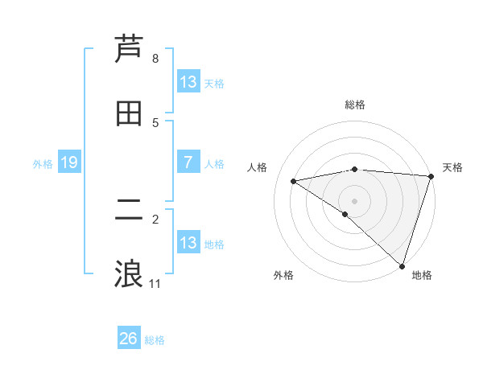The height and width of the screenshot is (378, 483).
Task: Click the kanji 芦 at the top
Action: coord(129,50)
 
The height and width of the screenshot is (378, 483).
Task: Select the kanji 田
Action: coord(129,114)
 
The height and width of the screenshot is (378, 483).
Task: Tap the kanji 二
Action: coord(129,211)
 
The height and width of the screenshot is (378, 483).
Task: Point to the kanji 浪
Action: coord(129,274)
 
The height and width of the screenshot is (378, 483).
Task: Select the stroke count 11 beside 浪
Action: coord(155,284)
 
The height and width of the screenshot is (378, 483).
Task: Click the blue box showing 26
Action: coord(129,339)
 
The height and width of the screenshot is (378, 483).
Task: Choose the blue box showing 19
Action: coord(69,162)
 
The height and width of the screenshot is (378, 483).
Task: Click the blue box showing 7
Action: coord(188,162)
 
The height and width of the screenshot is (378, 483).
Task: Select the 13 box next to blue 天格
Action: coord(188,82)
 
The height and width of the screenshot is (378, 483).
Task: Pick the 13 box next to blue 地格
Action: coord(188,243)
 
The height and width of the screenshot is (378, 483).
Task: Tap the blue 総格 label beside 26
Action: coord(155,340)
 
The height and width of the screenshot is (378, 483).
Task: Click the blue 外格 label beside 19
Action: coord(43,164)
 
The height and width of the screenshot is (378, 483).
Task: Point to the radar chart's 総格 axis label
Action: coord(355,105)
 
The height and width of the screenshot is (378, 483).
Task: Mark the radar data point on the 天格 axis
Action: coord(431,176)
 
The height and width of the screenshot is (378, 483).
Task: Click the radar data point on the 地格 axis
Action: coord(402,265)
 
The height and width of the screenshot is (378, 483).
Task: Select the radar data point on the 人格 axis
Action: coord(294,181)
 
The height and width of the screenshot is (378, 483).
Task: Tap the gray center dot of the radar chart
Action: coord(355,200)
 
